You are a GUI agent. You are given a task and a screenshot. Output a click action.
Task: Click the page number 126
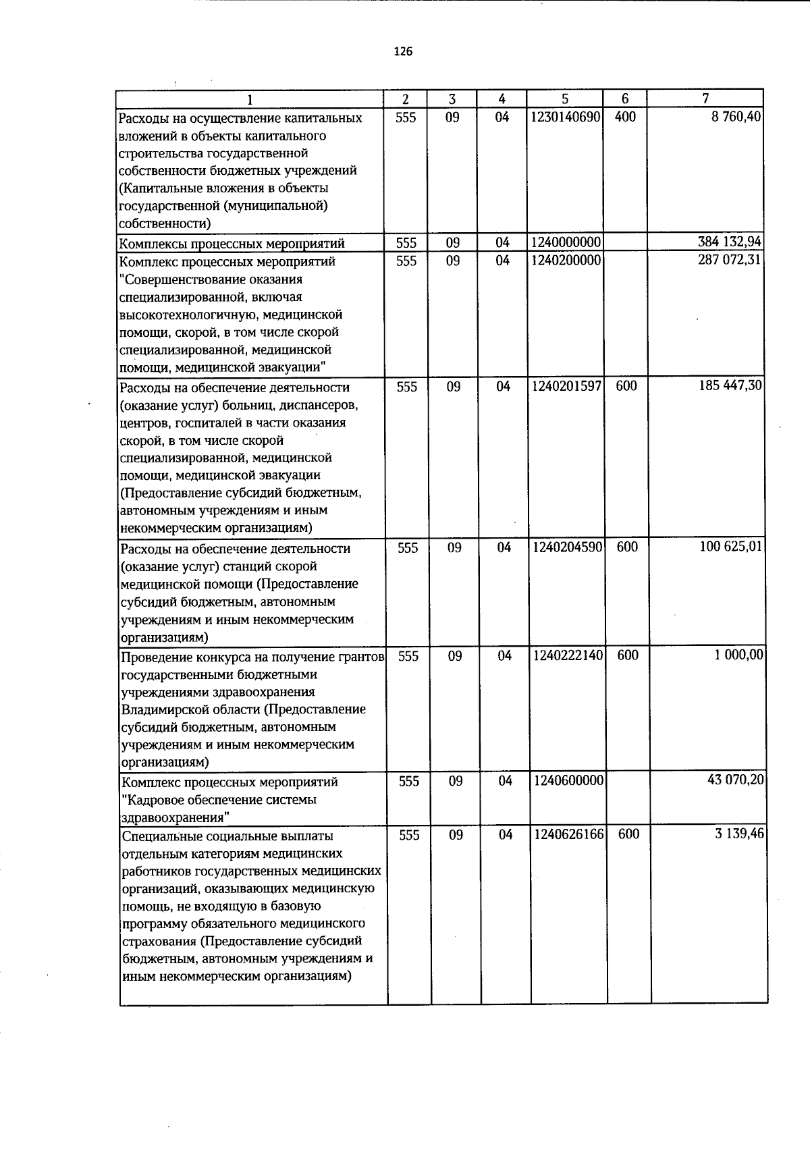[403, 52]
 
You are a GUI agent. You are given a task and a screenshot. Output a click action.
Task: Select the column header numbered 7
[705, 99]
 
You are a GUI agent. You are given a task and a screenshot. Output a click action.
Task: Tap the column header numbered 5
[564, 99]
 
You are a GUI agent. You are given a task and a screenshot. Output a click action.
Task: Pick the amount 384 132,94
[730, 242]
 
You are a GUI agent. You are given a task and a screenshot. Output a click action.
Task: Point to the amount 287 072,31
[730, 260]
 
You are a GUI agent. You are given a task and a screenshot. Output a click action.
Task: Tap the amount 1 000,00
[739, 655]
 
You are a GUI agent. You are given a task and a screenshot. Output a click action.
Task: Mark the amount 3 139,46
[740, 834]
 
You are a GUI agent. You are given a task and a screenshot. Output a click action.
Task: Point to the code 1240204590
[568, 547]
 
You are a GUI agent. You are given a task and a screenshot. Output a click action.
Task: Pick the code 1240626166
[569, 835]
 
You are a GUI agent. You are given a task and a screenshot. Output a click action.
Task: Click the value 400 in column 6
[626, 117]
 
